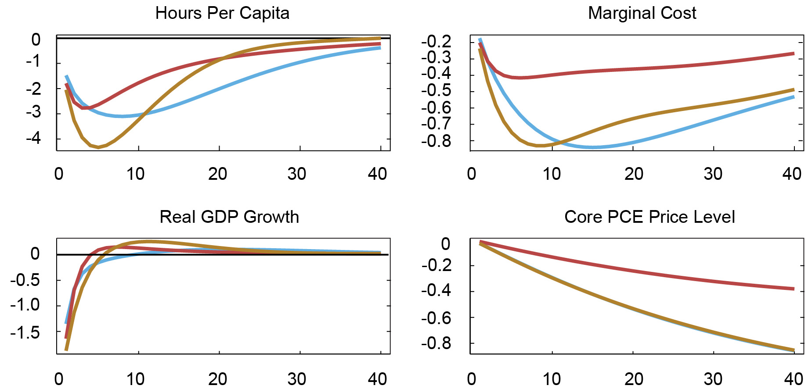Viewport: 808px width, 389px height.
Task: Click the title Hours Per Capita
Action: pyautogui.click(x=222, y=13)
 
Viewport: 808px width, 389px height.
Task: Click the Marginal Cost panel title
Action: pyautogui.click(x=642, y=13)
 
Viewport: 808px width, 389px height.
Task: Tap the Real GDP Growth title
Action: pyautogui.click(x=229, y=217)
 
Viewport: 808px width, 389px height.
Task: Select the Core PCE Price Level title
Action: pyautogui.click(x=649, y=217)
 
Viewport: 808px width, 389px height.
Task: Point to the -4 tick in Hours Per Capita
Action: pyautogui.click(x=33, y=139)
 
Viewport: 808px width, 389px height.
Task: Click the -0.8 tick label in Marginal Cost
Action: pyautogui.click(x=436, y=141)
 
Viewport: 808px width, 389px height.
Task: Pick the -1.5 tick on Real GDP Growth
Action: pyautogui.click(x=25, y=332)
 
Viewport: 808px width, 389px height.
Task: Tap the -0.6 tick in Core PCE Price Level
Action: pyautogui.click(x=436, y=318)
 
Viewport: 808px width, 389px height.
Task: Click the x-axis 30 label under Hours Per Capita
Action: pyautogui.click(x=297, y=175)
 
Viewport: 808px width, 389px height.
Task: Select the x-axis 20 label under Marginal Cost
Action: pyautogui.click(x=634, y=175)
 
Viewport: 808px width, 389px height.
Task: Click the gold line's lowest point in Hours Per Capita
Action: pyautogui.click(x=98, y=147)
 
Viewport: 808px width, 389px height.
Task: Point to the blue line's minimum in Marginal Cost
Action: pyautogui.click(x=593, y=147)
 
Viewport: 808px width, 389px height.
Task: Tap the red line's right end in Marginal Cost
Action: pyautogui.click(x=794, y=54)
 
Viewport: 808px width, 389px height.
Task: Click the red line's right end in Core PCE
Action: pyautogui.click(x=794, y=289)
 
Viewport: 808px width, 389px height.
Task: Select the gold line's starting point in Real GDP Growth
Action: pyautogui.click(x=66, y=350)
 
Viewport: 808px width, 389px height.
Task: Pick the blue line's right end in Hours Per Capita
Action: pyautogui.click(x=380, y=47)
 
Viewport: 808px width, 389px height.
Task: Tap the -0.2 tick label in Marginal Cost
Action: pyautogui.click(x=436, y=42)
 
